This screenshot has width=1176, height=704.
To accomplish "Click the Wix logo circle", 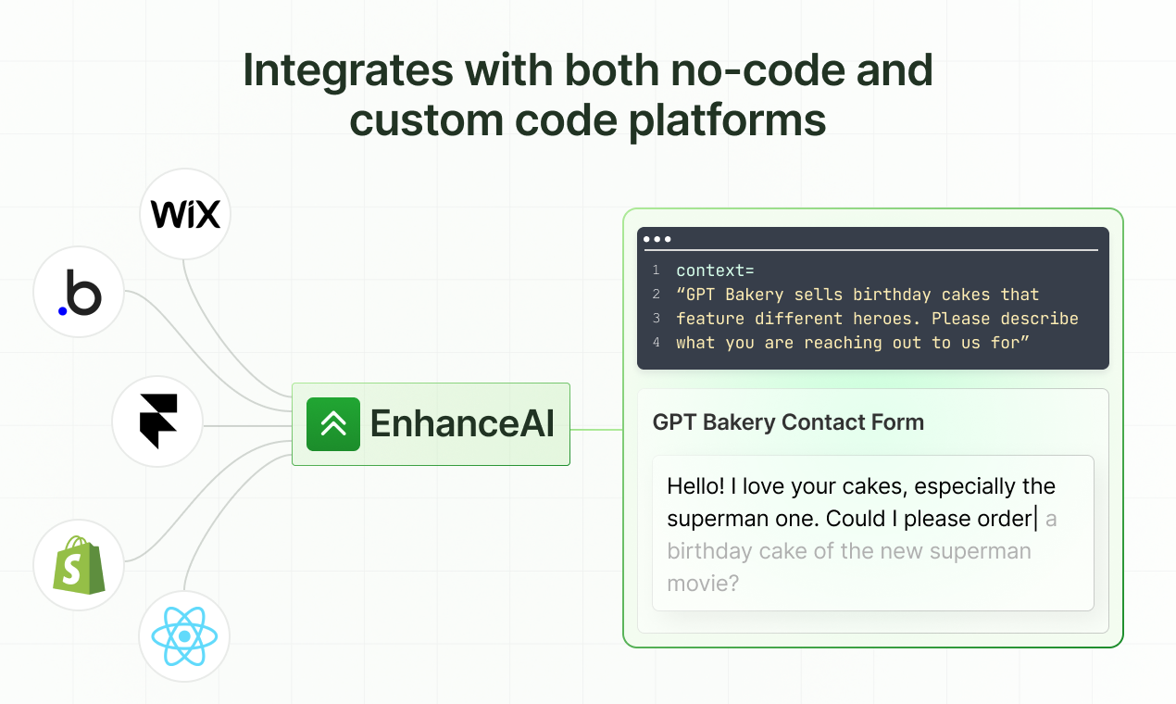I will (x=185, y=215).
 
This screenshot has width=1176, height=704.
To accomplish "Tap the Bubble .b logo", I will (x=79, y=295).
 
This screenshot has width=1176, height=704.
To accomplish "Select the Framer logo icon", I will (x=157, y=421).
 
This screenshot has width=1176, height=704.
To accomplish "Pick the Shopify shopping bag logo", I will (x=79, y=565).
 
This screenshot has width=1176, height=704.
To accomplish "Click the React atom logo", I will (x=184, y=636).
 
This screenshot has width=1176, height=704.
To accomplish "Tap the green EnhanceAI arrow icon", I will (x=333, y=424).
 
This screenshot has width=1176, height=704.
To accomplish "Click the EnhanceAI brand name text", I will (x=462, y=424).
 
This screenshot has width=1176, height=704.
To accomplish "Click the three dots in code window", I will (x=657, y=239).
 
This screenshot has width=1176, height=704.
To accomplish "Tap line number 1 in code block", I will (x=656, y=270).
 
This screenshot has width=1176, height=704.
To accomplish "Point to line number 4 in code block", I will (x=656, y=343).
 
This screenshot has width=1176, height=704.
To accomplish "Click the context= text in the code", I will (x=715, y=270).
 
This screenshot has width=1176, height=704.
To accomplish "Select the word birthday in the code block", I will (x=892, y=295).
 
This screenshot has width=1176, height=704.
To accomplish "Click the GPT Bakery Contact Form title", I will (x=788, y=422).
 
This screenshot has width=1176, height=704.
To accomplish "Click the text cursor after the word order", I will (x=1036, y=518).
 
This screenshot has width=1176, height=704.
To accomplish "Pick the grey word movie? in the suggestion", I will (x=703, y=584).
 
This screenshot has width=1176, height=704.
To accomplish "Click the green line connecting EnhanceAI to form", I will (x=596, y=430).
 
